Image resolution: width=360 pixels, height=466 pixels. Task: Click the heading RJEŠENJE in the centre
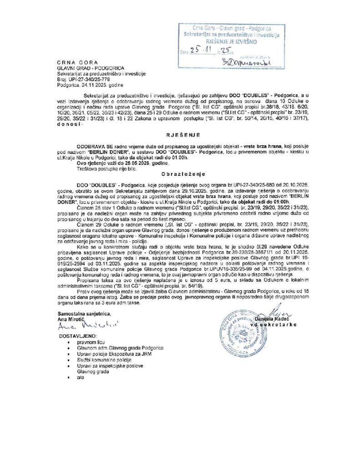180,134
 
